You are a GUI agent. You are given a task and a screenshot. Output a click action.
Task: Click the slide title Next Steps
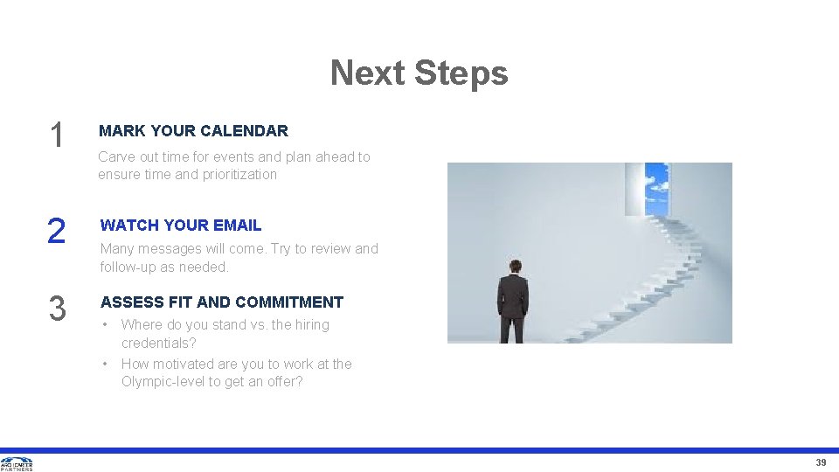(419, 73)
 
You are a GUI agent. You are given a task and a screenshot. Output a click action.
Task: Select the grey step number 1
(57, 135)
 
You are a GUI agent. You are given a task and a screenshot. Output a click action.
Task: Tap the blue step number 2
(56, 231)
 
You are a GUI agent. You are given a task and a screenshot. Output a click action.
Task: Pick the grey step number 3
(57, 309)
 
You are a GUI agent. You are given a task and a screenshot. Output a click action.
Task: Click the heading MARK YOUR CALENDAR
(193, 131)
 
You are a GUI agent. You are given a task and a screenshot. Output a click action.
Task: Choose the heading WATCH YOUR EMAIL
(181, 226)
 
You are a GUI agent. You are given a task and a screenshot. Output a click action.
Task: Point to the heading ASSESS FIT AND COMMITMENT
(222, 302)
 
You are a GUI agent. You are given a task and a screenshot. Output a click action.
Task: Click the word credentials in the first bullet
(156, 344)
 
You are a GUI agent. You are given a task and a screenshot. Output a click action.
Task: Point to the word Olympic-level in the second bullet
(163, 382)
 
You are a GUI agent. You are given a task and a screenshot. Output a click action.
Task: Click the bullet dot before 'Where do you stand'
(105, 324)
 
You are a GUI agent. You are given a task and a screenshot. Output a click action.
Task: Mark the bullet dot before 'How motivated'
(105, 364)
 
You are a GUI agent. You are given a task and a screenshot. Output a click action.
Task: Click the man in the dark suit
(513, 302)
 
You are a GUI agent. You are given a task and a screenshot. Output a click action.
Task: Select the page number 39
(821, 462)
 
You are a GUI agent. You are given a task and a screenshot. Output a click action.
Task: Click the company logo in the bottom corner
(17, 463)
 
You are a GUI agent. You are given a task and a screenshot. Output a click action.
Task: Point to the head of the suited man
(514, 267)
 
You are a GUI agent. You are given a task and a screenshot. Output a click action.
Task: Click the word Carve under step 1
(116, 157)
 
